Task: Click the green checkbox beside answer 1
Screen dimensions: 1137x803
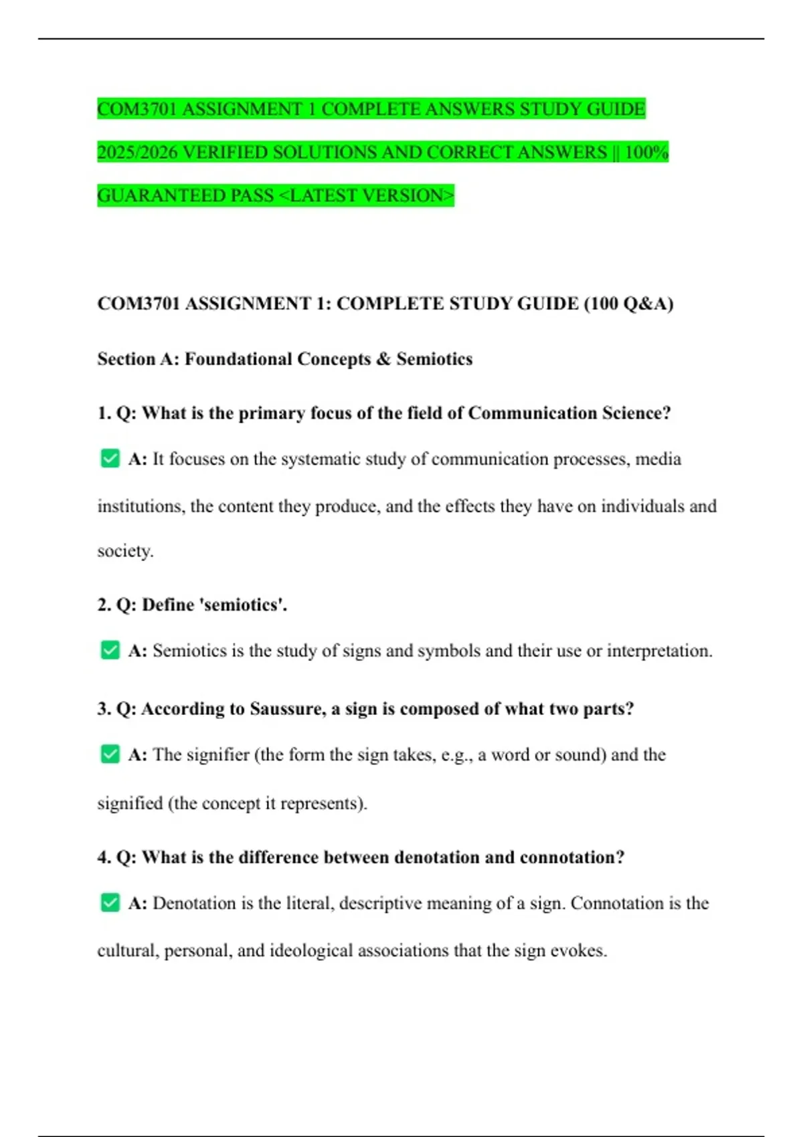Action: [x=110, y=459]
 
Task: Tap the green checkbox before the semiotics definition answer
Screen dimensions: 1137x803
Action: [x=110, y=650]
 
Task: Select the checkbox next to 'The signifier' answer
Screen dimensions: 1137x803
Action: [x=110, y=754]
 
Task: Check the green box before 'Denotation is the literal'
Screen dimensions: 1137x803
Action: [x=110, y=903]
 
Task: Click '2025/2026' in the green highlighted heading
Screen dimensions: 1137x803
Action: [x=137, y=152]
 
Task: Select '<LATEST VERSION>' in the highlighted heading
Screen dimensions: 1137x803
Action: [x=366, y=196]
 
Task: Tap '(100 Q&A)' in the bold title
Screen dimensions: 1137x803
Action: [x=628, y=304]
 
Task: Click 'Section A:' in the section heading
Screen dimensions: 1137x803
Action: [x=137, y=359]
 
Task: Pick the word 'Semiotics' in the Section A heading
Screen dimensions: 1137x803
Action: [x=434, y=359]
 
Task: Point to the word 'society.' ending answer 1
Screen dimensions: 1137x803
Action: [x=125, y=551]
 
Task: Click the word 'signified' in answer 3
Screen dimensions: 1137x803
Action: [x=130, y=803]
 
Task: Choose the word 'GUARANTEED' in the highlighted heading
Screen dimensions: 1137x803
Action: [x=161, y=196]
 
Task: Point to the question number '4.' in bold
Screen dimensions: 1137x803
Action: [x=104, y=857]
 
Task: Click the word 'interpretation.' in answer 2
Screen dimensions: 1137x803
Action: [x=659, y=651]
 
